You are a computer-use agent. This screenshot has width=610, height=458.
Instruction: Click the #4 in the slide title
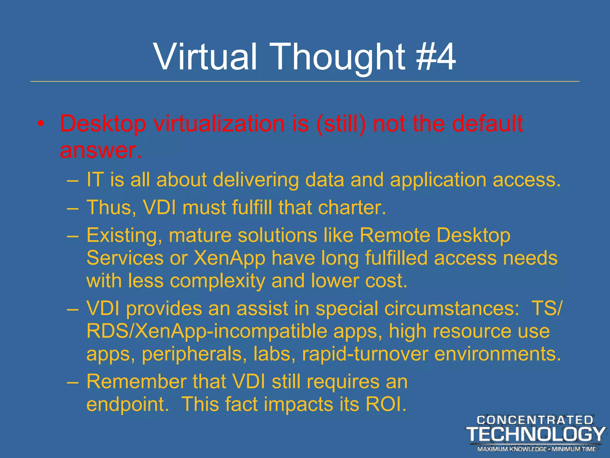click(x=436, y=57)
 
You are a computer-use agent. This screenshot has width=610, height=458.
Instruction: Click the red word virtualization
click(x=219, y=123)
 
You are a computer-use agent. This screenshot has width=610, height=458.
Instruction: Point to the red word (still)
click(x=341, y=123)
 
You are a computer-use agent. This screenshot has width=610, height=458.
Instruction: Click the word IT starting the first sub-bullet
click(x=95, y=180)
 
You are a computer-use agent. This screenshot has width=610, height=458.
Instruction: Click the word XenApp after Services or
click(x=229, y=258)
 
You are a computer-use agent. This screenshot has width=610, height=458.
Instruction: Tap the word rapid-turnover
click(x=365, y=354)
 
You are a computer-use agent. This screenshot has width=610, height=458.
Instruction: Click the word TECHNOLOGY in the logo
click(x=535, y=434)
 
